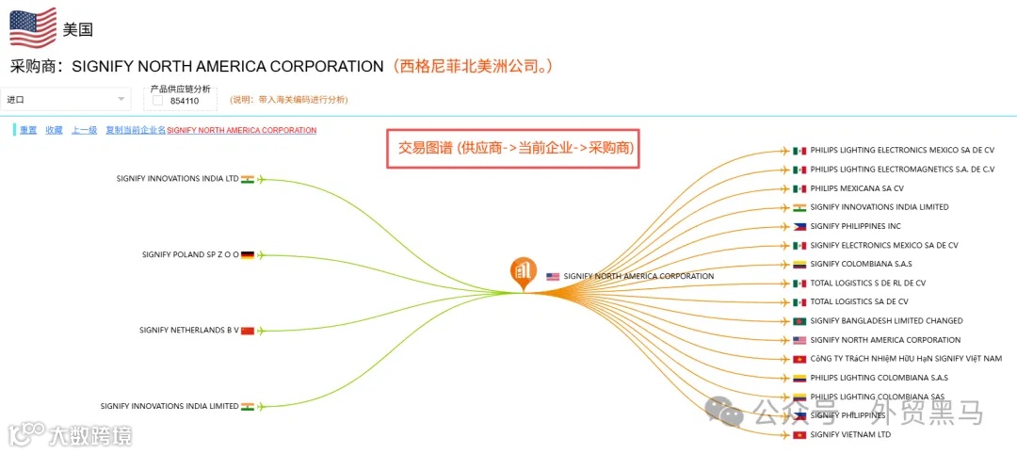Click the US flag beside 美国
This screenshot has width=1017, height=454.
point(33,27)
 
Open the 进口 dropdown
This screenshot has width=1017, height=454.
point(66,99)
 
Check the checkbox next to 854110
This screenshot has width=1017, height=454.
point(157,101)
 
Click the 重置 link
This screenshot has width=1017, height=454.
point(28,130)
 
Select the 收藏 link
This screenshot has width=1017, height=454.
point(54,130)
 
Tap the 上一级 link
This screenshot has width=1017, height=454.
point(84,130)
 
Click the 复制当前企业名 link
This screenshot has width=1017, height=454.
point(136,130)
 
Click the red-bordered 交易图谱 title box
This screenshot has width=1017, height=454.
point(513,148)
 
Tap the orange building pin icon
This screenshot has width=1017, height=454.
point(524,271)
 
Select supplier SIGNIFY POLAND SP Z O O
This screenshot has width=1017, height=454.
point(190,254)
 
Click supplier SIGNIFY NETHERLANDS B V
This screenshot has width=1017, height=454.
point(188,331)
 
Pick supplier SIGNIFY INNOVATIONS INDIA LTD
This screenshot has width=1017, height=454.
point(177,178)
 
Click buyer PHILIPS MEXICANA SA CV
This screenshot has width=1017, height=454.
point(856,188)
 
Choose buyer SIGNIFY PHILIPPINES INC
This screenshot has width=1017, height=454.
point(855,226)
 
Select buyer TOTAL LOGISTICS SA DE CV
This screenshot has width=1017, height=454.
point(859,302)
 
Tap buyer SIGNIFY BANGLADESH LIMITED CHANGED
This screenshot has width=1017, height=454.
point(886,321)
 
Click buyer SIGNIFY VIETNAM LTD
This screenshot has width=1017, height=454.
point(850,435)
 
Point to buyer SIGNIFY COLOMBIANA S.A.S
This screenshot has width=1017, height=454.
point(861,264)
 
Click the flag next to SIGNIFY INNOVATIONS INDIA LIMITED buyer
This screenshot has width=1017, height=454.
point(799,207)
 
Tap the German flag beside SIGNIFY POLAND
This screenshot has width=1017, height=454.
point(248,254)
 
